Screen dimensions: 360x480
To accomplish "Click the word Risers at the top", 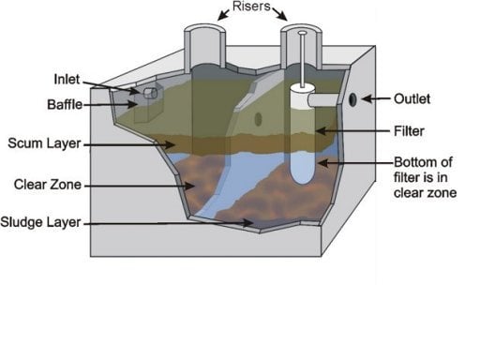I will [253, 9].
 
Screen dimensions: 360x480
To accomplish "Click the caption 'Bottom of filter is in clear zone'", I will [424, 177].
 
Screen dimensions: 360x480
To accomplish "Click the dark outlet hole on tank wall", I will [352, 99].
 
